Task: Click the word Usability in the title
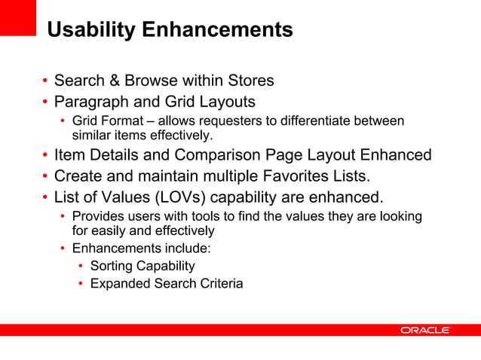(91, 30)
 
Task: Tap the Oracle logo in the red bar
(425, 330)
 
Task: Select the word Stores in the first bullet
(248, 81)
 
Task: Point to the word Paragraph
(89, 101)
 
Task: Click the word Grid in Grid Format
(84, 121)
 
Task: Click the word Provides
(97, 217)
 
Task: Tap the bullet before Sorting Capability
(81, 267)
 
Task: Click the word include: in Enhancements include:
(186, 247)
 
